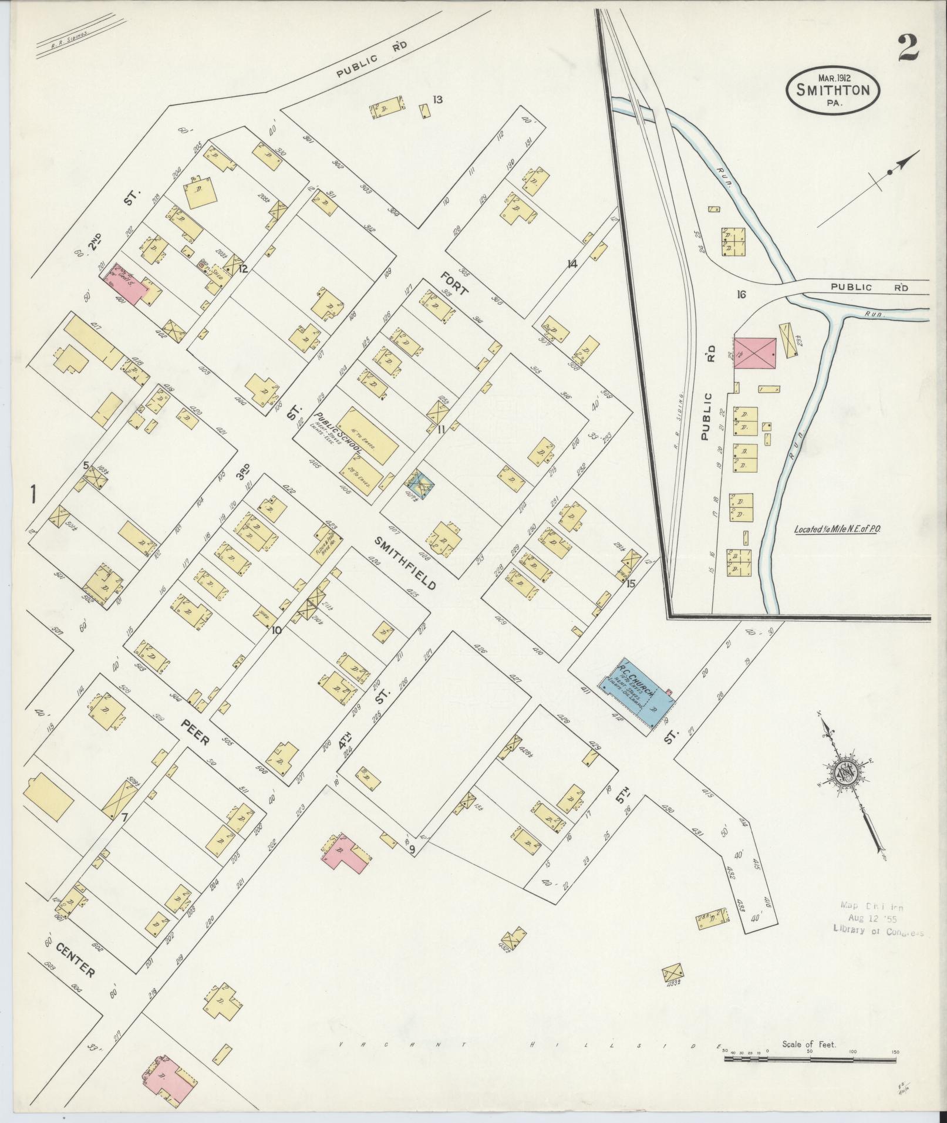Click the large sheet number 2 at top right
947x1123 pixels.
pyautogui.click(x=907, y=49)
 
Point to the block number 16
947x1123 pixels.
pyautogui.click(x=742, y=294)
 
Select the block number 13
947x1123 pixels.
pyautogui.click(x=437, y=99)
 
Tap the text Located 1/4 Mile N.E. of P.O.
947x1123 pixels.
pyautogui.click(x=840, y=529)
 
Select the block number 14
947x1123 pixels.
pyautogui.click(x=572, y=264)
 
